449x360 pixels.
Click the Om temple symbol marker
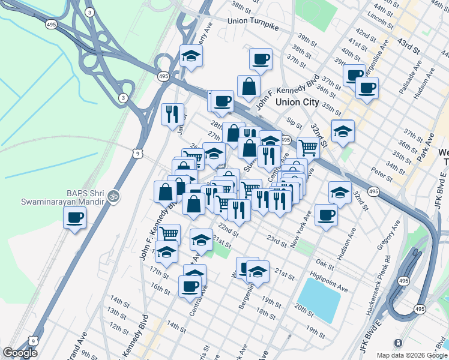click(112, 196)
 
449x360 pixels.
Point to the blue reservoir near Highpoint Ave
click(319, 300)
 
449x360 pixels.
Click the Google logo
click(20, 353)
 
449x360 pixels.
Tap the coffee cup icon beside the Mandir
click(75, 218)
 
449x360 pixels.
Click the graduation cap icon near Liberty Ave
click(191, 56)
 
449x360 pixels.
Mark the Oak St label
click(325, 263)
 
